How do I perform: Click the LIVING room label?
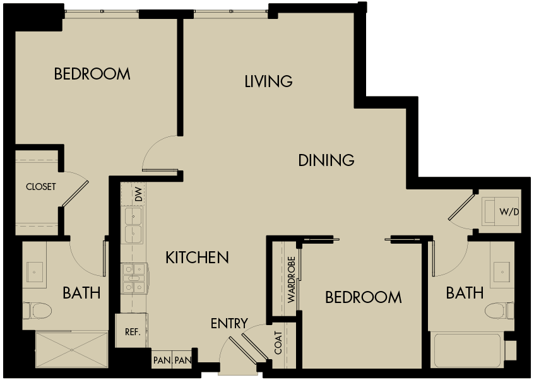point(268,81)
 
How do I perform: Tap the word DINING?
point(326,160)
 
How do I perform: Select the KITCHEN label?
point(196,258)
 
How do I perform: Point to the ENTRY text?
point(229,324)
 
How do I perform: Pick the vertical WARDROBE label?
point(292,280)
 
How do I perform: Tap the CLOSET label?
point(41,187)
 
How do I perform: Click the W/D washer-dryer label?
point(509,211)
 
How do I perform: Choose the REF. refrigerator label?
point(132,331)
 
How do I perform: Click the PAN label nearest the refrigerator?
point(160,360)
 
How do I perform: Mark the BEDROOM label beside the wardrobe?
point(363,297)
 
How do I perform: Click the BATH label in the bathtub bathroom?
point(465,293)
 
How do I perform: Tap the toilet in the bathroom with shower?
point(39,311)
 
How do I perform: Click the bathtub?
point(467,350)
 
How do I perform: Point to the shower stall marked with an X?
point(71,349)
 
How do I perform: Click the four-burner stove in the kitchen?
point(134,278)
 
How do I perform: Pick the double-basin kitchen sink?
point(133,225)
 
